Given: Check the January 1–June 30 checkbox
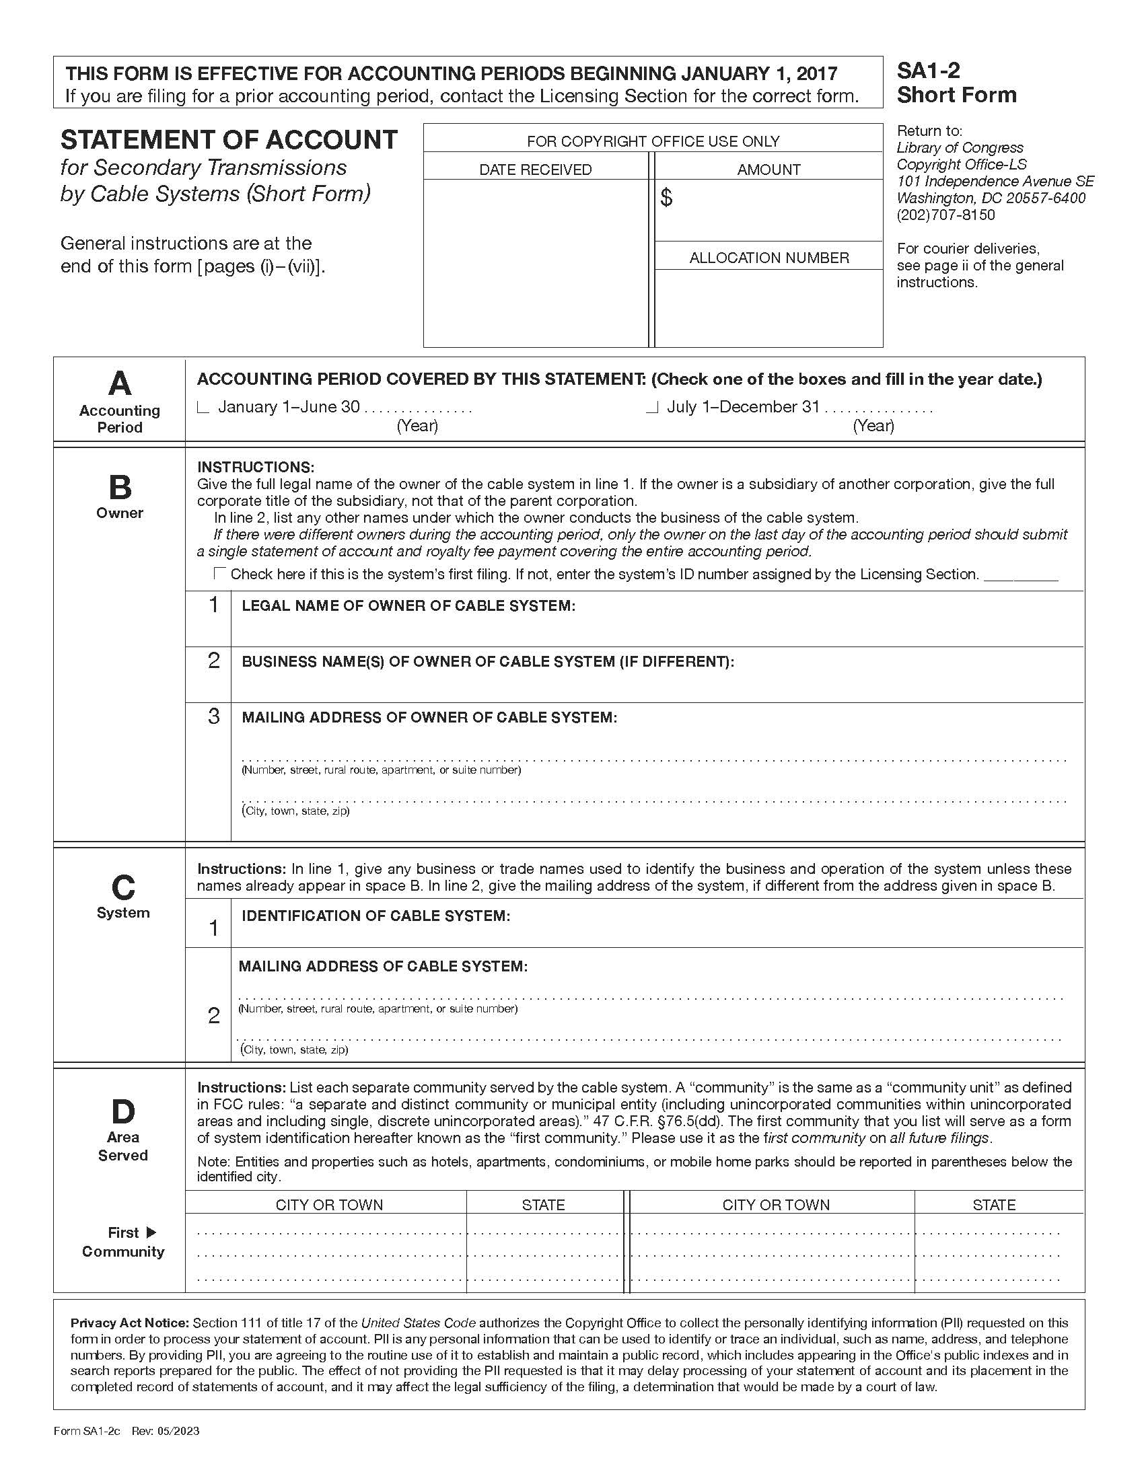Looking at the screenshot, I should (x=202, y=408).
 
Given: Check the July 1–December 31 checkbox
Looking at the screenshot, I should (x=652, y=408).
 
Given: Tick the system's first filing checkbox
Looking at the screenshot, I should (x=219, y=573).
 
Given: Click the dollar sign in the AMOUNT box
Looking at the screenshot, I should (x=666, y=198).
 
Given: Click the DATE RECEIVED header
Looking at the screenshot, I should (x=535, y=170).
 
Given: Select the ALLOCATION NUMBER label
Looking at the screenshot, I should (x=768, y=258).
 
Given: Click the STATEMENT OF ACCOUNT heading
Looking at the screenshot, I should (x=229, y=140).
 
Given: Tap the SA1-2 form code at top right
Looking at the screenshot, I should (x=928, y=71).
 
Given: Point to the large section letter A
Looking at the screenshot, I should (x=119, y=384).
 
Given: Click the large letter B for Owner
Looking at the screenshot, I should (x=120, y=487).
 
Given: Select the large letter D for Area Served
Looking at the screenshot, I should (x=122, y=1111).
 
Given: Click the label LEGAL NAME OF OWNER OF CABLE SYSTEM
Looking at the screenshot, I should (x=408, y=606).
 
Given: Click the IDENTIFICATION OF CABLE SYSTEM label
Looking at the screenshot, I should (x=376, y=916).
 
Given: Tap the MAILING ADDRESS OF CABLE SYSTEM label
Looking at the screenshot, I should (x=382, y=966).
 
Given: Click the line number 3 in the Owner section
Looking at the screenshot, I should (x=213, y=716).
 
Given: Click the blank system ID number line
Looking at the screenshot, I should (x=1020, y=578).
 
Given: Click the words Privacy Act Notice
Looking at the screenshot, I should (x=129, y=1322).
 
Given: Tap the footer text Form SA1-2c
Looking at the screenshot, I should (x=87, y=1431).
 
